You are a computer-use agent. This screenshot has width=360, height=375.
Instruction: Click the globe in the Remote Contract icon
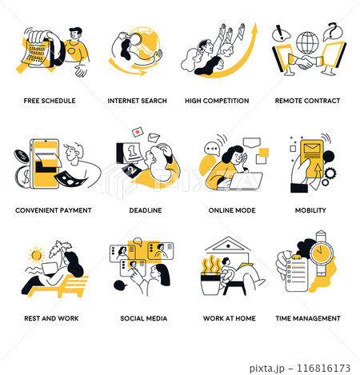pos(307,43)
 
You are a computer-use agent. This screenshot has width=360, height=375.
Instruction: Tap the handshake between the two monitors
pos(306,62)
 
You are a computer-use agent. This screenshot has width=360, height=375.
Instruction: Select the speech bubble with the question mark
pos(332,31)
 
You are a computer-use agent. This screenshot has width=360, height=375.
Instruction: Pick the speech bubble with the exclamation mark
pos(281,34)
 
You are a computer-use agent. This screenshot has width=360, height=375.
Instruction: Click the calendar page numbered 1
pos(132,153)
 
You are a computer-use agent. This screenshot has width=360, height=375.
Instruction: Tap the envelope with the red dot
pos(138,132)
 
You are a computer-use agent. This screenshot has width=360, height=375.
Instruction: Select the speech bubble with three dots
pos(212,149)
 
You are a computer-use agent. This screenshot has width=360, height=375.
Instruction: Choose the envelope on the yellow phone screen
pos(312,149)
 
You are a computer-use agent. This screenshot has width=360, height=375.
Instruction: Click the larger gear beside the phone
pos(330,173)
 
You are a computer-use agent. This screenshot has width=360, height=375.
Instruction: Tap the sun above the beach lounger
pos(36,255)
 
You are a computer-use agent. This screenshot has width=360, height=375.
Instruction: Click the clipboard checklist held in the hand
pos(297,273)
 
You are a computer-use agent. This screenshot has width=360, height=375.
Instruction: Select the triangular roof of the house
pos(228,244)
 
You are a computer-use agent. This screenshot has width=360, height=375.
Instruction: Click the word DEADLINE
pos(146,210)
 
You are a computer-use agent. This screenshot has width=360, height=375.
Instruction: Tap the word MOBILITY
pos(310,210)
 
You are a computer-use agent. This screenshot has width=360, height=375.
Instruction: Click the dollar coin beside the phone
pos(23,177)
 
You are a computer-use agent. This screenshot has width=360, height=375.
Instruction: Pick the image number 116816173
pos(323,368)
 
